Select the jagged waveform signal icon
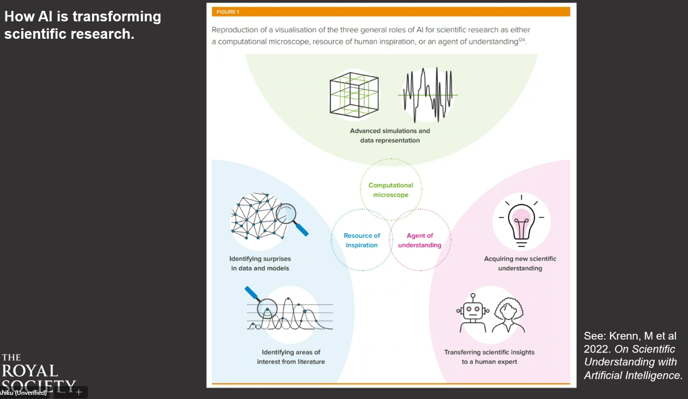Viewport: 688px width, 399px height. point(427,95)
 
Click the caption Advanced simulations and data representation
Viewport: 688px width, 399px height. point(390,135)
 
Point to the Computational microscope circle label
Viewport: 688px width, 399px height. point(391,190)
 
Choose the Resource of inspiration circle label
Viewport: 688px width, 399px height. point(362,240)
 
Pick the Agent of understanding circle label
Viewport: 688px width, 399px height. point(420,240)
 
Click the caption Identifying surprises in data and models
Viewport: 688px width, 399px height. point(260,264)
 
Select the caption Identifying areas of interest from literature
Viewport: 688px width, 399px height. point(291,357)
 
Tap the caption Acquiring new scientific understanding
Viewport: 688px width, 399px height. point(520,264)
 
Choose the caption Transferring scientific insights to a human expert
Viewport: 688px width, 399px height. point(490,357)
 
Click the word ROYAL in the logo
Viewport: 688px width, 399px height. point(29,371)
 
